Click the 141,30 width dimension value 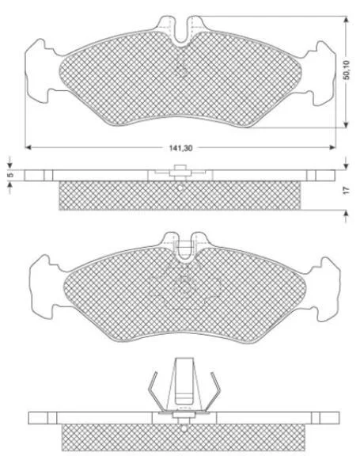(x=180, y=148)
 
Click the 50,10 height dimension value (x=347, y=70)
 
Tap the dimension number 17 (x=347, y=190)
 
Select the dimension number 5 (x=9, y=176)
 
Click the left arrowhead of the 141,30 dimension (x=28, y=147)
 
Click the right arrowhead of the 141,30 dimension (x=332, y=147)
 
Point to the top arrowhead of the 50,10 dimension (x=347, y=20)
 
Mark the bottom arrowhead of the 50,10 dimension (x=347, y=124)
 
